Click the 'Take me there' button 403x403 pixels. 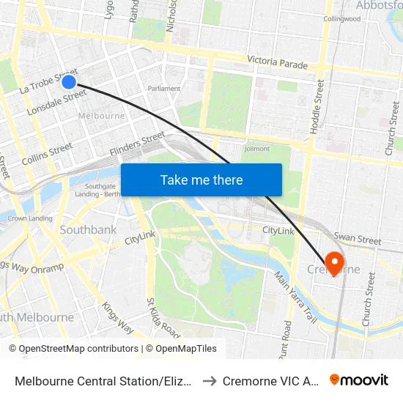click(202, 180)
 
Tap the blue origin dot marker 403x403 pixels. click(69, 81)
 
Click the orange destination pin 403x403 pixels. click(334, 262)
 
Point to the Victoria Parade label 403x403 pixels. click(278, 64)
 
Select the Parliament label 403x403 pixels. click(164, 89)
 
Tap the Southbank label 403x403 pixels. click(88, 230)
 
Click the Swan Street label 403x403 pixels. click(358, 239)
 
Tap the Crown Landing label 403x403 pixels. click(30, 218)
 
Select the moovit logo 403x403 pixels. click(359, 380)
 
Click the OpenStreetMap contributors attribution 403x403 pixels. click(73, 349)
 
